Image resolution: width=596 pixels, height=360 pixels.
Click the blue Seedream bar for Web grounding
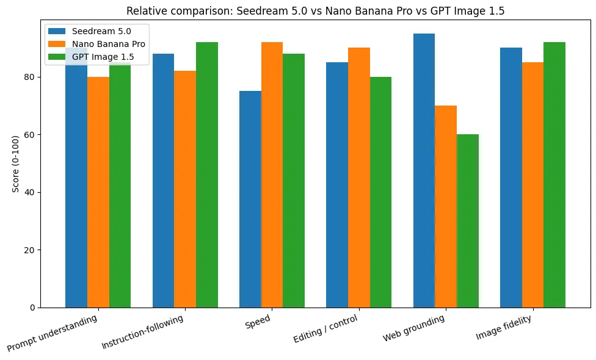[424, 170]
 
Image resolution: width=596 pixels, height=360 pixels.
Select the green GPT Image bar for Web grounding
[467, 220]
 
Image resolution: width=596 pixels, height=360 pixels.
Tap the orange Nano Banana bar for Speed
[272, 175]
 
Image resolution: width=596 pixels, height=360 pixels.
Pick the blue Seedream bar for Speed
[250, 199]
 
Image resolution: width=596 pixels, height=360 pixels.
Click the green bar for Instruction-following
[206, 175]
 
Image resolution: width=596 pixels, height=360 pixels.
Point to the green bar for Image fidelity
[554, 175]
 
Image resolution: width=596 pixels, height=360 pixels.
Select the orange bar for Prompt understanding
[98, 192]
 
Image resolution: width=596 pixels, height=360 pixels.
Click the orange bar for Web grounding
[445, 206]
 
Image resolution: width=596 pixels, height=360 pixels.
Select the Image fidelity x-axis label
[504, 327]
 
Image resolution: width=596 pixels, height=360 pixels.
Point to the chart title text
[315, 10]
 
